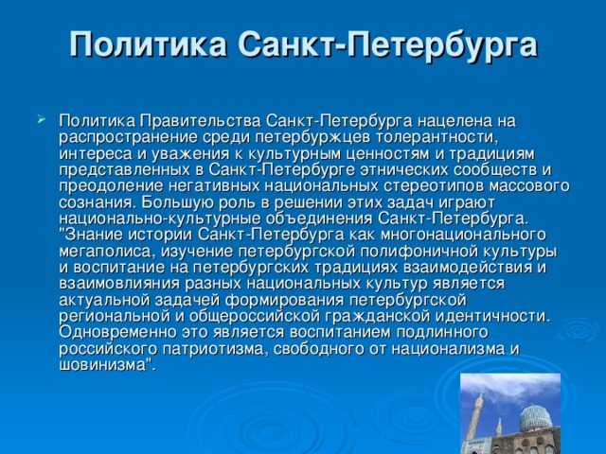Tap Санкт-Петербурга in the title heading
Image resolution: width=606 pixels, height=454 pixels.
click(388, 44)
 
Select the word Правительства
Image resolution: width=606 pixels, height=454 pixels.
click(199, 121)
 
